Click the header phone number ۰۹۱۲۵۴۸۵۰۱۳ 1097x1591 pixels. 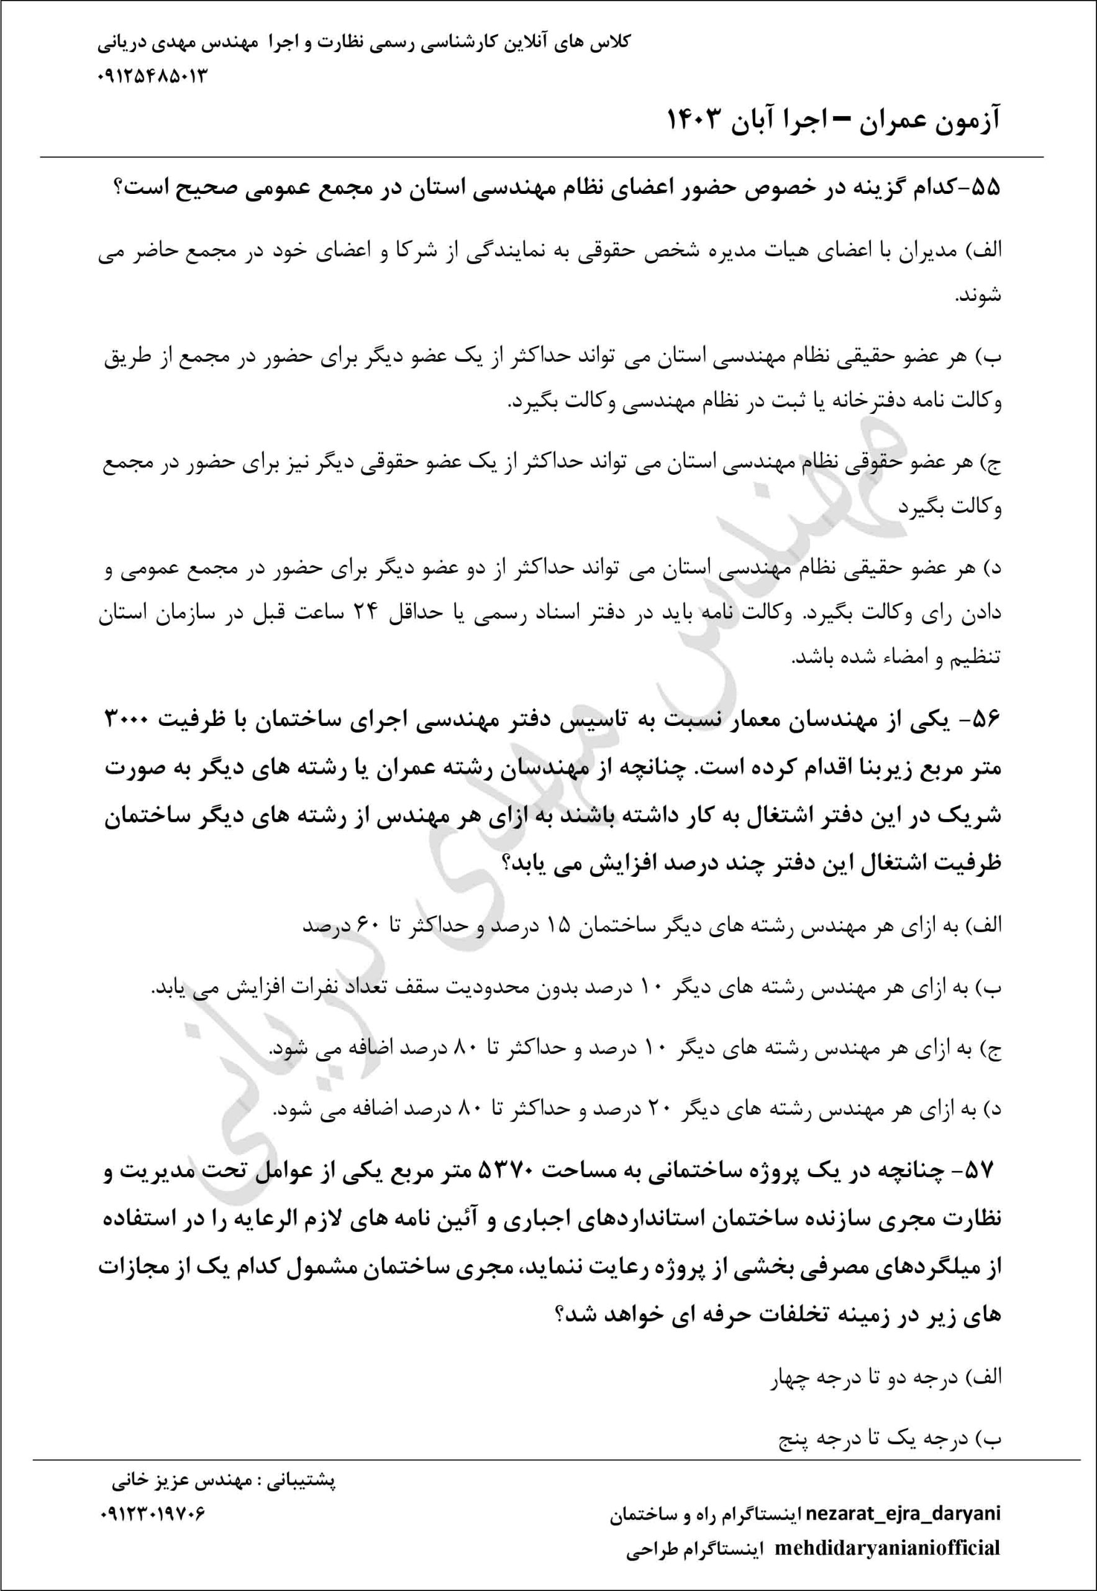[x=153, y=75]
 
